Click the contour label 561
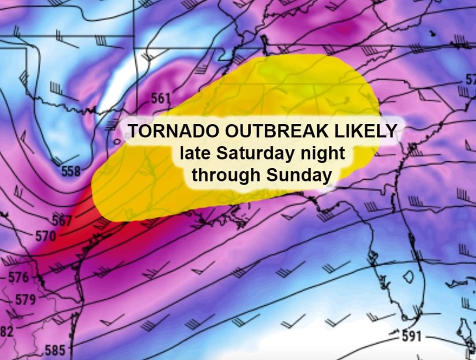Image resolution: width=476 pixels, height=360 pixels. tap(160, 98)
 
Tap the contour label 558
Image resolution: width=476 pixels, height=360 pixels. tap(71, 171)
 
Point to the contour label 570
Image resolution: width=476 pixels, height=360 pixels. tap(45, 236)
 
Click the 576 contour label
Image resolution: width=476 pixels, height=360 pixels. tap(19, 278)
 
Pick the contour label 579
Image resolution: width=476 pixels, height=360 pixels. tap(26, 300)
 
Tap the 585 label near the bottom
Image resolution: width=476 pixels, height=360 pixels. tap(55, 351)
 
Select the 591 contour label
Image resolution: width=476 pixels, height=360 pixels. tap(411, 336)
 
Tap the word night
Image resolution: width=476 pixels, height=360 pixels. tap(324, 154)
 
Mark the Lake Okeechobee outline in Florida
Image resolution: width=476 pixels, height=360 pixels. tap(409, 276)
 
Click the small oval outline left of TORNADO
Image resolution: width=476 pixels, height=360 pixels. tap(117, 141)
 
